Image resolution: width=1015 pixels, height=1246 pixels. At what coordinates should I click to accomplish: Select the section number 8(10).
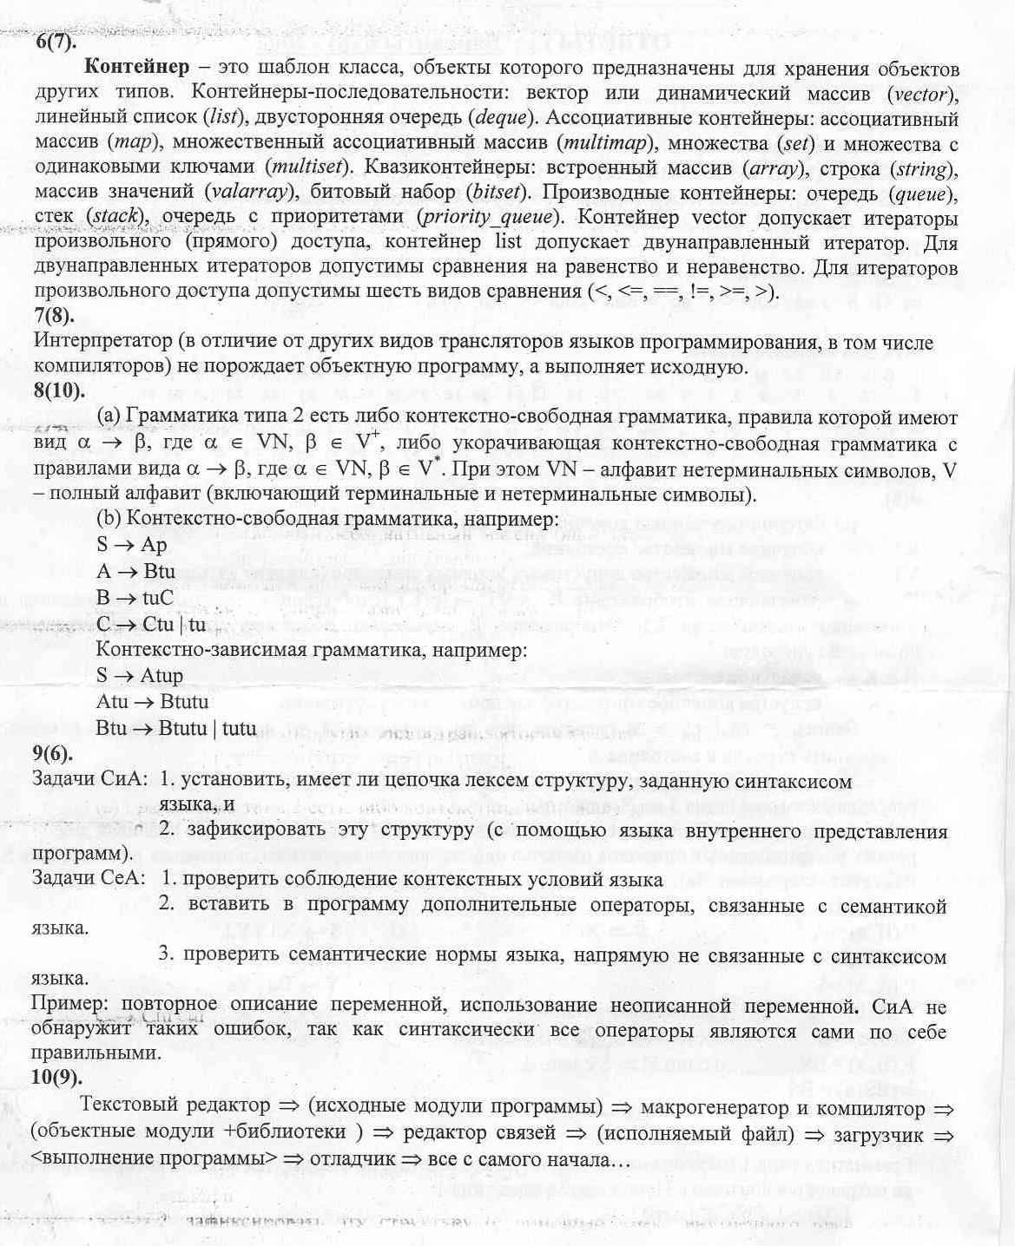59,390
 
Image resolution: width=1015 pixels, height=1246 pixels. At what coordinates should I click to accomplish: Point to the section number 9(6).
53,752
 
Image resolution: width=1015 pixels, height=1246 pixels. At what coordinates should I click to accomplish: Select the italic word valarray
249,191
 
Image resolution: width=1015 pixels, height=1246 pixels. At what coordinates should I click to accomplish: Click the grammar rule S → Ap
131,546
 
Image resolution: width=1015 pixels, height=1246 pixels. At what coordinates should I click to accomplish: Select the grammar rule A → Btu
135,572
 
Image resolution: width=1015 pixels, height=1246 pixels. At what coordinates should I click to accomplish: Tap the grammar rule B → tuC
135,598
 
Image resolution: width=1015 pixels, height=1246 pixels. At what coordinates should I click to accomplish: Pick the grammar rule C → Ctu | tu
151,624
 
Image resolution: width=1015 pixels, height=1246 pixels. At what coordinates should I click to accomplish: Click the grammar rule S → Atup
139,676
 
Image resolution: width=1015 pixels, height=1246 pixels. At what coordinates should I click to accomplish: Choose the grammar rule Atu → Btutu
152,702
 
